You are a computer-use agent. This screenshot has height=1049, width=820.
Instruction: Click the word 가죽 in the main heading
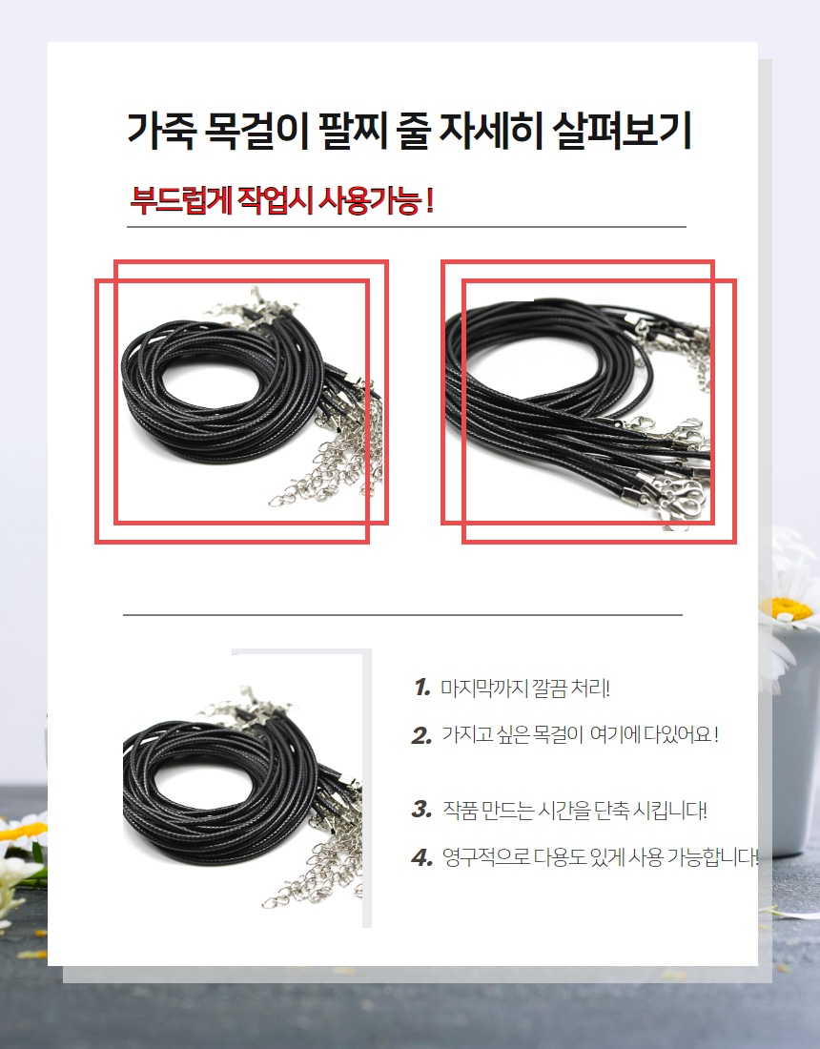coord(160,132)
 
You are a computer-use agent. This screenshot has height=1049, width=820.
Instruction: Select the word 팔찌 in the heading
coord(352,132)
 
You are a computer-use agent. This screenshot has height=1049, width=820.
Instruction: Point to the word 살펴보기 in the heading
coord(622,132)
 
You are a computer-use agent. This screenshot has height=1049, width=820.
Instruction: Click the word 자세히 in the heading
coord(491,132)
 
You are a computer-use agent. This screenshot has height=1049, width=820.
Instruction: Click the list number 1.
coord(422,687)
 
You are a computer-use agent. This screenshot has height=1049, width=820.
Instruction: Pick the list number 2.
coord(421,735)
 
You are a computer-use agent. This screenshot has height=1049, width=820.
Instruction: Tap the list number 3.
coord(421,810)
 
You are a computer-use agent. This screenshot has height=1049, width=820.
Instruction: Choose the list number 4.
coord(422,857)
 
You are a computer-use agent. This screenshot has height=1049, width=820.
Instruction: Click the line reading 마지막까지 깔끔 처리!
coord(525,688)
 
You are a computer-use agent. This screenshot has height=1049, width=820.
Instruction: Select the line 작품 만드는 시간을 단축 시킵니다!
coord(575,811)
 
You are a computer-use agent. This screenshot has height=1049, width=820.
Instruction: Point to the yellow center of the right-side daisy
coord(791,608)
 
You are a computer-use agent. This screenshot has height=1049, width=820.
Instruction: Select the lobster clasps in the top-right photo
coord(675,468)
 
